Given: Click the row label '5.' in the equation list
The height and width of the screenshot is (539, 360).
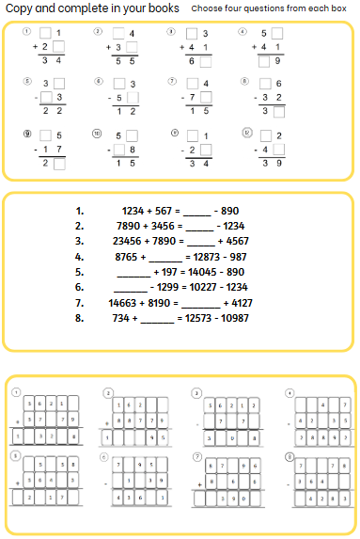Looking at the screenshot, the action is pyautogui.click(x=80, y=271).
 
